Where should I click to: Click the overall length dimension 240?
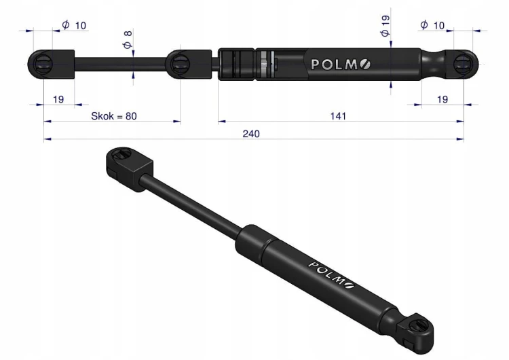point(251,134)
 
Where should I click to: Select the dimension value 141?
point(338,116)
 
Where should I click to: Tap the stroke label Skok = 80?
point(113,116)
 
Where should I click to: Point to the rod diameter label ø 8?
point(128,39)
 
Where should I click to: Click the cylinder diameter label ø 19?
point(385,26)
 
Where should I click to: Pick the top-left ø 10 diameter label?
point(74,25)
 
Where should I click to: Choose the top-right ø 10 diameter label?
point(432,25)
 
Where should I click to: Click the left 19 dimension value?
point(58,99)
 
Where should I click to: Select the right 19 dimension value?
point(442,99)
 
